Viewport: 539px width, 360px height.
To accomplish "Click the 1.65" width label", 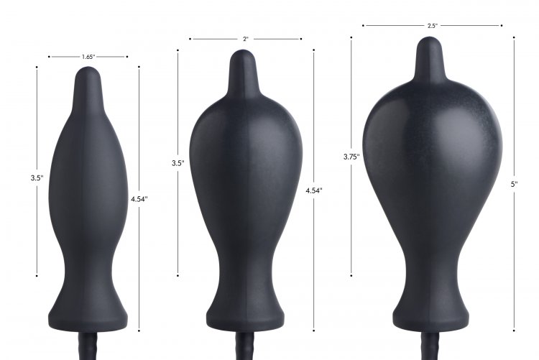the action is (88, 57).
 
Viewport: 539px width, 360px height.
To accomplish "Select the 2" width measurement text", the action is (246, 40).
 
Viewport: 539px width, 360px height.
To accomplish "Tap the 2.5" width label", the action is (433, 26).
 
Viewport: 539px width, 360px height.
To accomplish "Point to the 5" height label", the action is (514, 184).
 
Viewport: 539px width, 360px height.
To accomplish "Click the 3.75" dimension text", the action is (351, 157).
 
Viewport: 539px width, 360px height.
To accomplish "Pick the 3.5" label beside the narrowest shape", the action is (37, 178).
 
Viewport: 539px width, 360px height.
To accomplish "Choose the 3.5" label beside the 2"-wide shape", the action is (178, 163).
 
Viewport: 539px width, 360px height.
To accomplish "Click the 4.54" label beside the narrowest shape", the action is (139, 199).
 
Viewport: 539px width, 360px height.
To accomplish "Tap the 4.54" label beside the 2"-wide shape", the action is (314, 190).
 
